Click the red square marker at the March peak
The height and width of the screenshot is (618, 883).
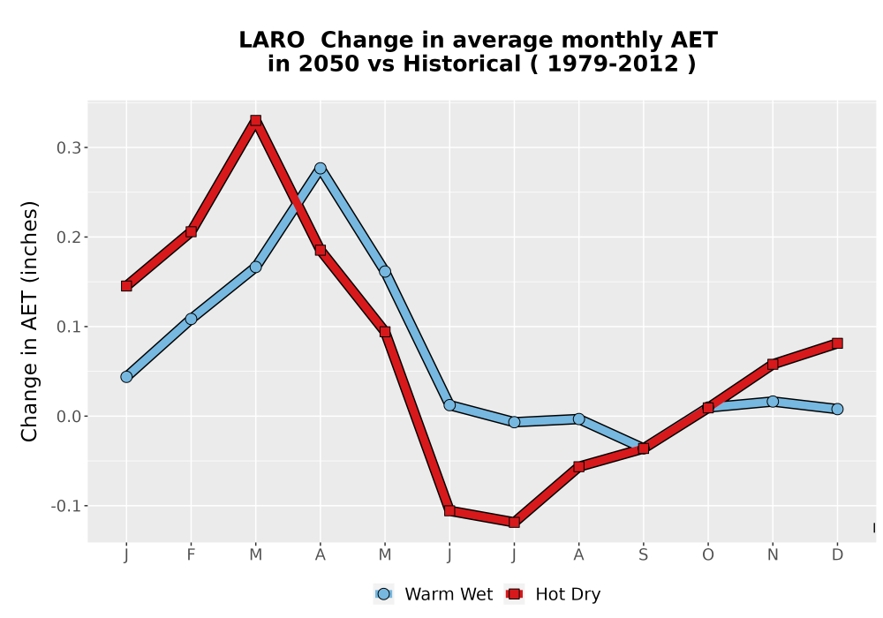(x=256, y=120)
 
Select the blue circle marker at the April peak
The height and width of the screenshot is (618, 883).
(x=321, y=169)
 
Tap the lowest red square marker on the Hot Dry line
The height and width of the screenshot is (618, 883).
(x=514, y=523)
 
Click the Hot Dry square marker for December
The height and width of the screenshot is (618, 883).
(x=837, y=343)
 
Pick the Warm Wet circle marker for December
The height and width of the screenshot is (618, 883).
(x=837, y=409)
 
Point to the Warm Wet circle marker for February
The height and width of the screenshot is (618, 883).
(x=191, y=319)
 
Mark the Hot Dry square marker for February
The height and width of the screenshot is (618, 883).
(x=191, y=232)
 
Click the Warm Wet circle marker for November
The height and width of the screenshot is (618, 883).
(x=773, y=402)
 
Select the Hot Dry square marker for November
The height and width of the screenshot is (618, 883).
(x=773, y=364)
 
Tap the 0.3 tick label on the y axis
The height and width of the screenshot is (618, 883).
(x=68, y=148)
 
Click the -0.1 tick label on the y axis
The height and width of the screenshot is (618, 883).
(x=66, y=506)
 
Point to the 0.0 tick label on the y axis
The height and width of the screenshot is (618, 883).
(x=68, y=417)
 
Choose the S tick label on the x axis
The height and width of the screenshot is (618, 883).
(x=643, y=555)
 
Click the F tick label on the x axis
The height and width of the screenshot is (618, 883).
(x=191, y=555)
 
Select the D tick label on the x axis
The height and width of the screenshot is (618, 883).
(x=837, y=555)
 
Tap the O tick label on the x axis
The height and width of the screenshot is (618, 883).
(x=708, y=555)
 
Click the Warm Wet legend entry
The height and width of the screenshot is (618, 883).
(x=433, y=594)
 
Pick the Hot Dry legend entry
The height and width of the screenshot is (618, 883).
(x=553, y=594)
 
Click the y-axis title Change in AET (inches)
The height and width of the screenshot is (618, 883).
(x=29, y=321)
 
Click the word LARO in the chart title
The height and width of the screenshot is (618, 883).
(x=271, y=41)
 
